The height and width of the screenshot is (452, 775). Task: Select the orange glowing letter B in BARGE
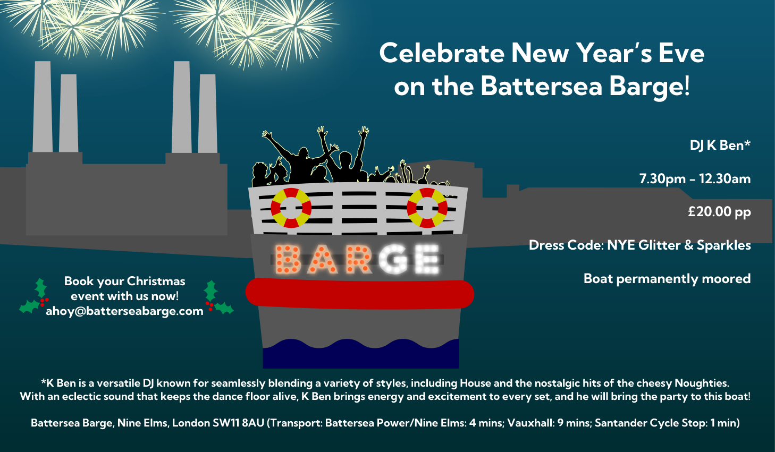point(287,259)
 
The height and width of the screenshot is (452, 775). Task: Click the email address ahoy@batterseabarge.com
point(124,311)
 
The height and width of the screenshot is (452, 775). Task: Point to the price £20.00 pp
point(719,211)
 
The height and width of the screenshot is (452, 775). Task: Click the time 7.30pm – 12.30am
point(695,179)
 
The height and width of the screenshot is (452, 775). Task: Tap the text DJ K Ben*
point(720,145)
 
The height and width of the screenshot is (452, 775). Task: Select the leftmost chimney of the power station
point(43,107)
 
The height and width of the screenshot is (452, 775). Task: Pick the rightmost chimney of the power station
point(208,114)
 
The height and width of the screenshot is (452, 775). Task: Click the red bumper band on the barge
point(360,293)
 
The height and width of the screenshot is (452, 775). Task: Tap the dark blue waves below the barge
point(361,354)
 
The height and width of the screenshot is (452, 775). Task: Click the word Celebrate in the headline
point(442,54)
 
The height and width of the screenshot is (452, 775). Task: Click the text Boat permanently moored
point(667,279)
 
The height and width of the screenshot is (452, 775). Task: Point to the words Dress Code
point(566,245)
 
